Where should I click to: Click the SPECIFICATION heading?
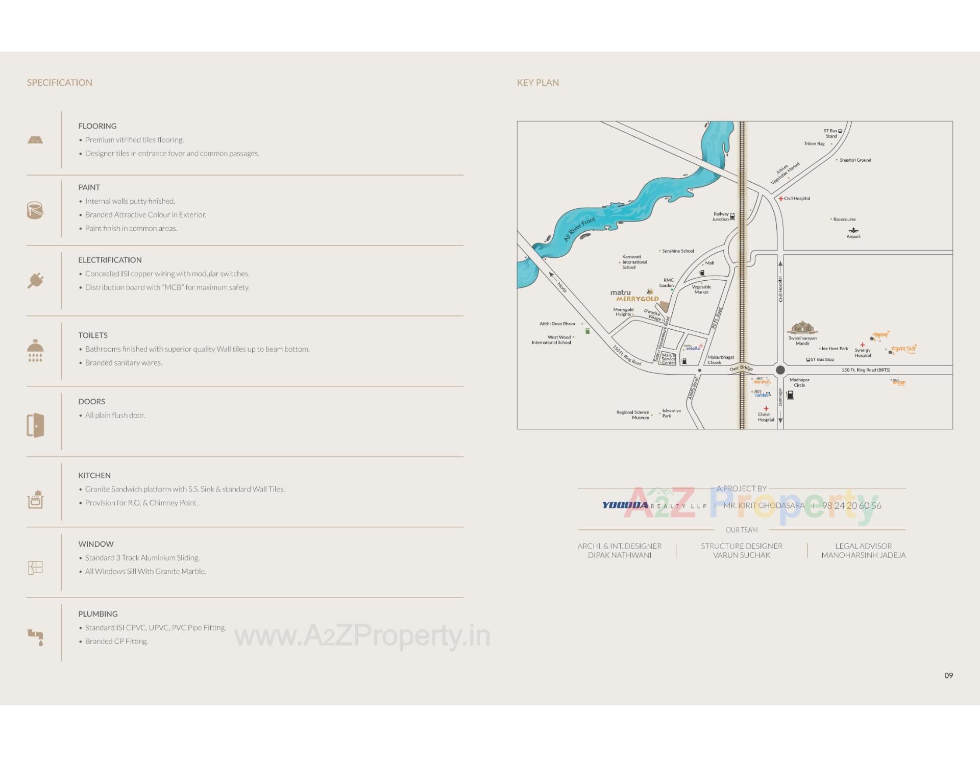(60, 83)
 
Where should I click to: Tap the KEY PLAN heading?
(537, 83)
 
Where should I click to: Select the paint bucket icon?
(35, 210)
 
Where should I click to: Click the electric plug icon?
(35, 280)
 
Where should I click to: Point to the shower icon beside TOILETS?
(35, 350)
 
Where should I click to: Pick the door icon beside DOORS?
(35, 425)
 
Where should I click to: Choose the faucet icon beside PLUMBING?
(35, 637)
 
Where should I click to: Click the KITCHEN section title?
(94, 475)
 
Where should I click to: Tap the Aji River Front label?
(579, 229)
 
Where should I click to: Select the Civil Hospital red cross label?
(794, 199)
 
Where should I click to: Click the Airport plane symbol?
(853, 231)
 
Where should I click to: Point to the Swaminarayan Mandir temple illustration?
(802, 327)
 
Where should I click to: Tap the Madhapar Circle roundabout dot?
(780, 370)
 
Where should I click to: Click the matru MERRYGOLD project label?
(634, 296)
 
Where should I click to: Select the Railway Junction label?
(721, 217)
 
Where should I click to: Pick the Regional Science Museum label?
(633, 414)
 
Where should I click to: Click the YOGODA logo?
(625, 505)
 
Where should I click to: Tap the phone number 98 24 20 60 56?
(851, 506)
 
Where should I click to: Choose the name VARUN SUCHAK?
(741, 555)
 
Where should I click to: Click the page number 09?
(948, 675)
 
